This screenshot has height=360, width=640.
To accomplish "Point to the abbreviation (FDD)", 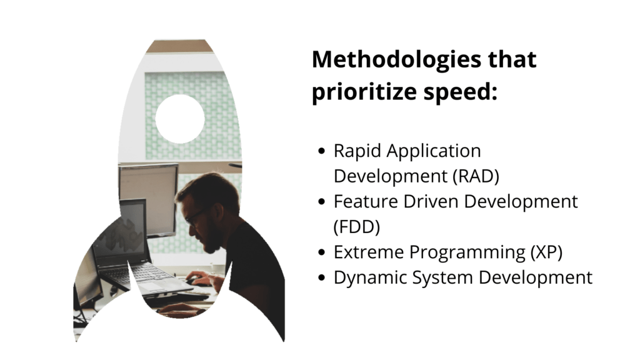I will [357, 227].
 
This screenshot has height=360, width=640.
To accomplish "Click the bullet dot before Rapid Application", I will [321, 152].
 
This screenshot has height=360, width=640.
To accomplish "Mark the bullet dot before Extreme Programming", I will [321, 252].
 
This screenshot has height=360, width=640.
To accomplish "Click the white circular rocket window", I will [180, 119].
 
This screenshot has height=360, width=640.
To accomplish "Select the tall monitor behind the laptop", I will [149, 191].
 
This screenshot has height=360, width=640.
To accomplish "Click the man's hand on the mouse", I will [198, 279].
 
